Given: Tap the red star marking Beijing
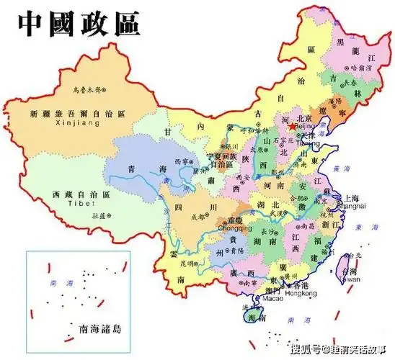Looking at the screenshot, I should point(291,126).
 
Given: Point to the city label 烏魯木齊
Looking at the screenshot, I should point(87,90).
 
